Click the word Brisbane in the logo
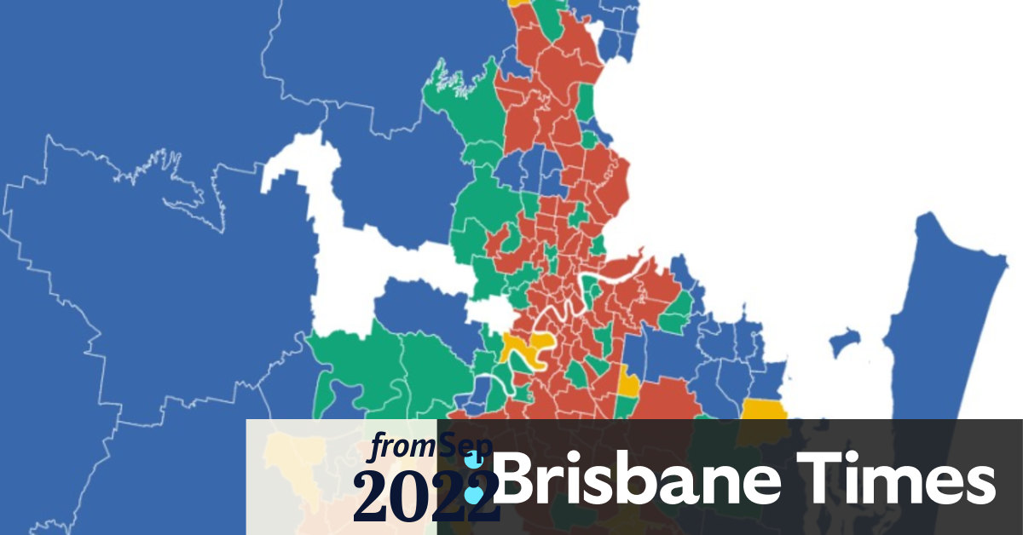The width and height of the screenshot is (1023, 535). [x=635, y=479]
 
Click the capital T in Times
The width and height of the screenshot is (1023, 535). [x=817, y=479]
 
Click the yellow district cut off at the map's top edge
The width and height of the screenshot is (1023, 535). [x=518, y=3]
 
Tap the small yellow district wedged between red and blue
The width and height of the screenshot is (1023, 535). [x=628, y=383]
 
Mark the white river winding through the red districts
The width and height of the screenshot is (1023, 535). [x=563, y=315]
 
